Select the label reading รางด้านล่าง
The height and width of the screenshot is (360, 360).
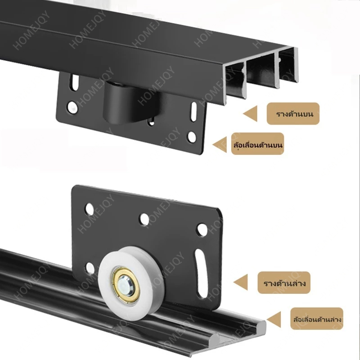(x=284, y=283)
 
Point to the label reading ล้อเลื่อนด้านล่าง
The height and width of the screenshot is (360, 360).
(x=317, y=319)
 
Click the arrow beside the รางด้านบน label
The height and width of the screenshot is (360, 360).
(x=250, y=114)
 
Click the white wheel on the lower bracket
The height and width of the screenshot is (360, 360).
(x=131, y=283)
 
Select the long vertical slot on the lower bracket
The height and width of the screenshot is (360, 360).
(x=200, y=274)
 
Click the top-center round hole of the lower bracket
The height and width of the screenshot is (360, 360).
(x=144, y=218)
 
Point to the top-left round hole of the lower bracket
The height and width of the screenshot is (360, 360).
(x=90, y=209)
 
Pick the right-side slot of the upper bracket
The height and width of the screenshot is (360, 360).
(x=194, y=112)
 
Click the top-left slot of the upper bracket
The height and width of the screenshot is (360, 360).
(x=74, y=83)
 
